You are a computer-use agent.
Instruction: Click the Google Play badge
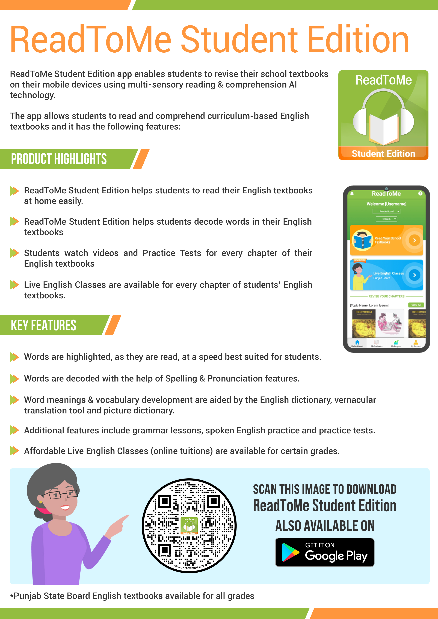[324, 552]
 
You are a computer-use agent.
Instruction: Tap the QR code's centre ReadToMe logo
[189, 525]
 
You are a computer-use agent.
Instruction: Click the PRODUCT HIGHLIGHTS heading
[59, 159]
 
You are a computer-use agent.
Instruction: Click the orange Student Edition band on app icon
[383, 153]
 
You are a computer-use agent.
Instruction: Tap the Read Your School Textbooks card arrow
[414, 240]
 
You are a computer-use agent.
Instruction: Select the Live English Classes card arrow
[414, 275]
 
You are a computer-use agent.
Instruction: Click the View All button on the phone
[416, 305]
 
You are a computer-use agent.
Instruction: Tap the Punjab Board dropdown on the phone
[386, 211]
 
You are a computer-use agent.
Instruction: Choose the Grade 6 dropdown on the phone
[386, 219]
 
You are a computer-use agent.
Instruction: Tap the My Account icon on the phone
[416, 342]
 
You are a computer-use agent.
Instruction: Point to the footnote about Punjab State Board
[132, 596]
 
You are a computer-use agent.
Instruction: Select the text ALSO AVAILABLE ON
[325, 526]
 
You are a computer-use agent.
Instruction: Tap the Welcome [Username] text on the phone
[386, 204]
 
